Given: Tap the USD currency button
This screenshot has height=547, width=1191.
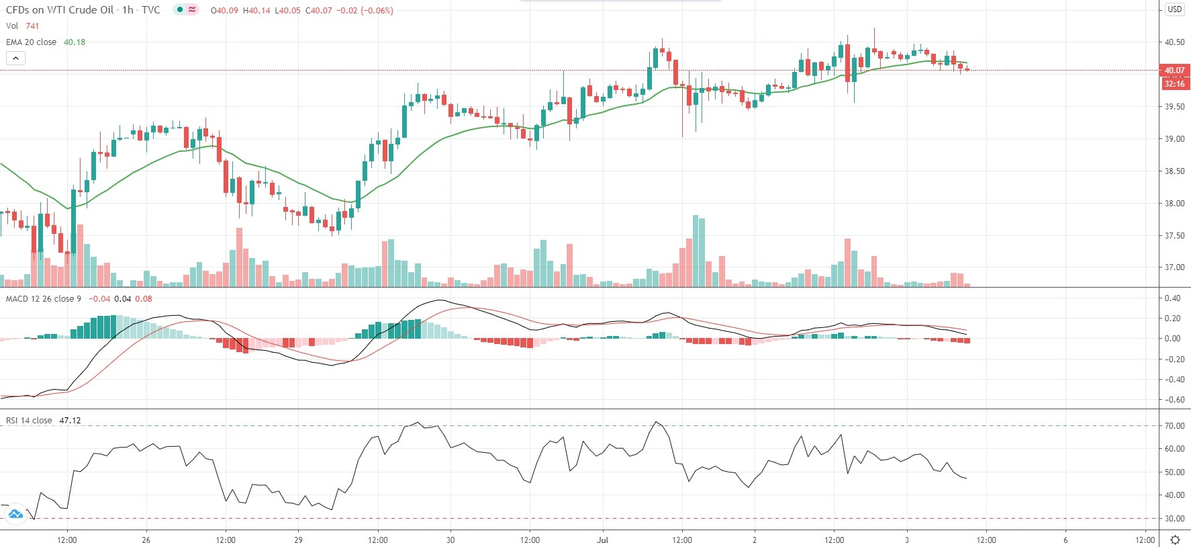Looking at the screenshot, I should click(1174, 9).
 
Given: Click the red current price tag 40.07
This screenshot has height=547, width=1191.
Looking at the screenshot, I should click(1174, 70).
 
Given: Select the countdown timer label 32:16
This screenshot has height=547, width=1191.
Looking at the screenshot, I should click(1174, 84).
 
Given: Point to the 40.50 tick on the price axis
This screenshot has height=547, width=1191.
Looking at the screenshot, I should click(1174, 42).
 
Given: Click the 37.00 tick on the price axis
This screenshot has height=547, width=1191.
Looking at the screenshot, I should click(1174, 267).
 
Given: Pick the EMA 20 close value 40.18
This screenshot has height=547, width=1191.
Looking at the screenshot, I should click(75, 42).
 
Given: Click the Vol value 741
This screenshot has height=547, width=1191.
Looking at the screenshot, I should click(32, 26).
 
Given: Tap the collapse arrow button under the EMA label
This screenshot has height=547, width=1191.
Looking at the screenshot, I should click(15, 58).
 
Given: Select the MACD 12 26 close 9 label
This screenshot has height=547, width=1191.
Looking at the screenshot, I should click(44, 299).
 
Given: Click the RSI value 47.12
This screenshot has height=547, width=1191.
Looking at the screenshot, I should click(70, 421).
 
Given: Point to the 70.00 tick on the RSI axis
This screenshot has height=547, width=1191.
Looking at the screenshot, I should click(1174, 426).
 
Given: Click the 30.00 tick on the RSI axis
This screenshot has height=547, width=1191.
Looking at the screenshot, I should click(1174, 519).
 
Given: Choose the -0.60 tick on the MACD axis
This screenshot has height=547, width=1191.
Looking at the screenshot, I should click(1172, 400).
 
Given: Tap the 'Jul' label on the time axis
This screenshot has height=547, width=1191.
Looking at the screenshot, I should click(602, 540).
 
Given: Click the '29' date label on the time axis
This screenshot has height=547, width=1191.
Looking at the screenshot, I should click(298, 540).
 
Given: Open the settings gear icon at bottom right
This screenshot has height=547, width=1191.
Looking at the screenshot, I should click(1175, 540).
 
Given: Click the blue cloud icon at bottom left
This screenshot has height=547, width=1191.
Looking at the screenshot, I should click(15, 515).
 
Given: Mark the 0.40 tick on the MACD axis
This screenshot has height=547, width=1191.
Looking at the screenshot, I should click(1173, 298).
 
